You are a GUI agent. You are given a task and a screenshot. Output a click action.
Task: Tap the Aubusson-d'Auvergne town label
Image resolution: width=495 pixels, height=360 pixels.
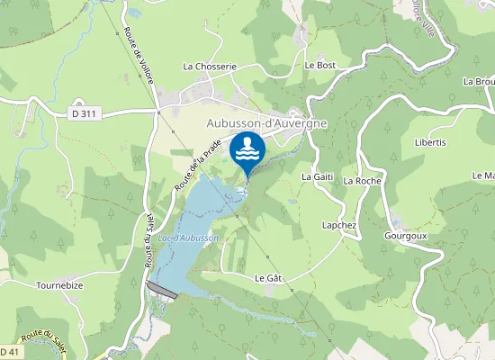(x=265, y=122)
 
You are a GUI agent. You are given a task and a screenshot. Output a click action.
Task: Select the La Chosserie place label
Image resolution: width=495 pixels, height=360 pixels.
(x=209, y=66)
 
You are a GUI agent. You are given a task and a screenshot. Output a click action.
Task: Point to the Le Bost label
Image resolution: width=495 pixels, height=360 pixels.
(x=319, y=65)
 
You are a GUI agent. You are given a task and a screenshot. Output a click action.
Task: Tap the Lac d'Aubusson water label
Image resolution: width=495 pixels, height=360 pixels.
(x=188, y=237)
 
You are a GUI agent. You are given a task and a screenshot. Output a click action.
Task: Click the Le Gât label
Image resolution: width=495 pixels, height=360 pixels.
(x=269, y=278)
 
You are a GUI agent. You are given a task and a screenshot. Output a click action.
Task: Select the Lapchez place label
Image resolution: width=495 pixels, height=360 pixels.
(x=339, y=224)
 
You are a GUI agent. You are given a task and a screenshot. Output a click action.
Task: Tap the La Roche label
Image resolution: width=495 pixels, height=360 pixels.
(x=363, y=181)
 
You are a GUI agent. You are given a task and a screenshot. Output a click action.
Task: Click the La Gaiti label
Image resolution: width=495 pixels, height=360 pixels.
(x=318, y=176)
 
